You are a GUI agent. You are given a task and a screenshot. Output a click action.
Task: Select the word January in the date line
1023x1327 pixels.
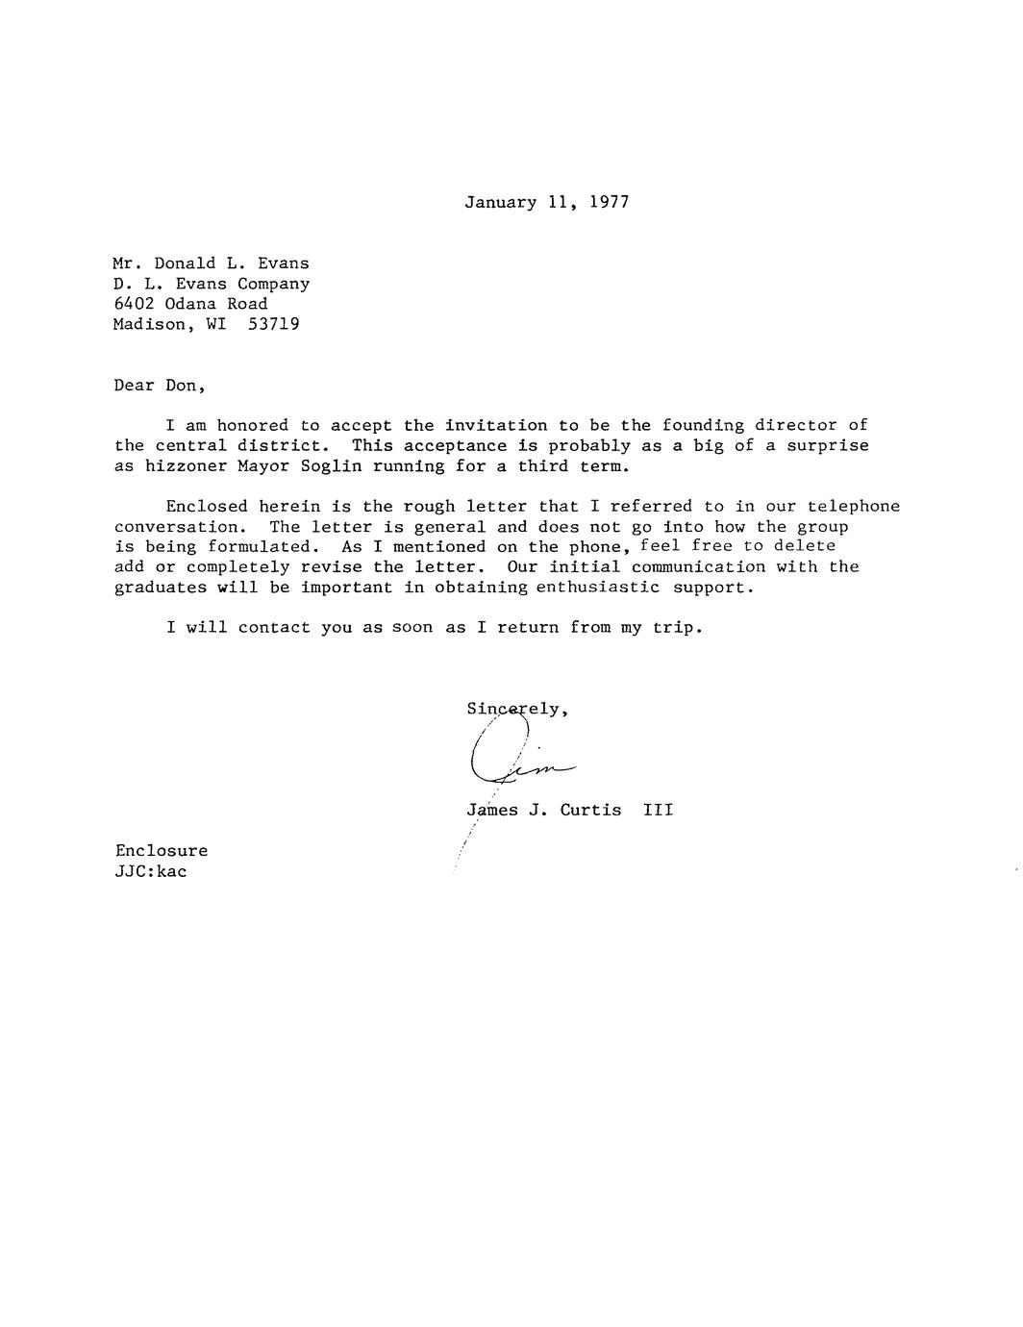pos(500,202)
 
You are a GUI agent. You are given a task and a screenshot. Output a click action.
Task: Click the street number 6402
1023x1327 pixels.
pos(134,304)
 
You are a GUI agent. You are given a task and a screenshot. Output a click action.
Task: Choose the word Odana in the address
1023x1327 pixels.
pos(190,304)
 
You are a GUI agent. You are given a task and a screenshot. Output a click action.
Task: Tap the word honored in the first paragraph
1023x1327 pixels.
pos(252,425)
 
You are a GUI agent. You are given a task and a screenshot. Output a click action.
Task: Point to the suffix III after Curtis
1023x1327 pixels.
pos(658,810)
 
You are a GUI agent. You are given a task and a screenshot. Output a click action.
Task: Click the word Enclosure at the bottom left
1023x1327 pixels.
pos(161,850)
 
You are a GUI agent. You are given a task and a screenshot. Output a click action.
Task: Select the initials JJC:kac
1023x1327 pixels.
pos(150,871)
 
